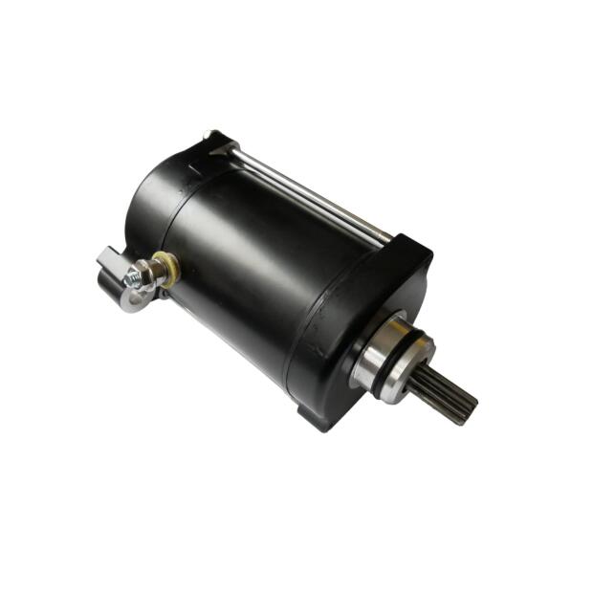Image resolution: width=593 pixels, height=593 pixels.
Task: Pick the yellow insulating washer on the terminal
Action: pos(169,270)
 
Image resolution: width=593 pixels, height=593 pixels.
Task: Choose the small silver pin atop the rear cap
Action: pos(208,135)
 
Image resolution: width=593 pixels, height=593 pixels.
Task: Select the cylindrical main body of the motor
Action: pos(258,258)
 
